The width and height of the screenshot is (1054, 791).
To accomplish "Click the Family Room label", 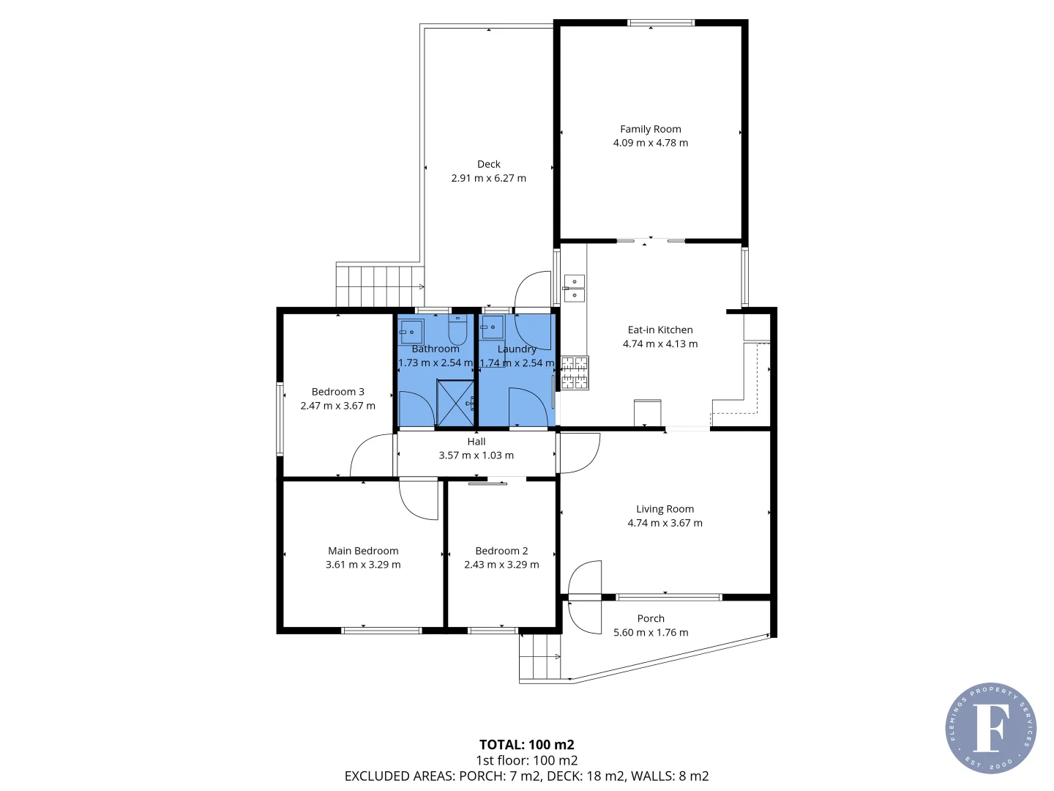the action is [650, 129].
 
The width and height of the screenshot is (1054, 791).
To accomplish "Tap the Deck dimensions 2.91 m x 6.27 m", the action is [488, 178].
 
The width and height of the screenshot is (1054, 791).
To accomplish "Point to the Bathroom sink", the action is [411, 331].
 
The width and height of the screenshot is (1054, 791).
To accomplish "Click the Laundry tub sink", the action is [492, 327].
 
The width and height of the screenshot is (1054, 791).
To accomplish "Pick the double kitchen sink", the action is [574, 288].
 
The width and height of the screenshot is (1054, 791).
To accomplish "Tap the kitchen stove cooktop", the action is [575, 373].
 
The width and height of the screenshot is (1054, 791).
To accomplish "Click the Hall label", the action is [476, 442].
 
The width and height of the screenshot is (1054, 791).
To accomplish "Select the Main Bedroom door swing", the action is [418, 499].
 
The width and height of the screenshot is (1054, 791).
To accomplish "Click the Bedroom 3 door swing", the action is [372, 455].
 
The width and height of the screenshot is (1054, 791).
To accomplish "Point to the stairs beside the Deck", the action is [380, 286].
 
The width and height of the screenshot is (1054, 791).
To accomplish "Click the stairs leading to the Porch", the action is [539, 656].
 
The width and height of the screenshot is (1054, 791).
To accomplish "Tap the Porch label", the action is [651, 619].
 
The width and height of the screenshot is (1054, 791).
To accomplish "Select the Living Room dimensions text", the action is [665, 523].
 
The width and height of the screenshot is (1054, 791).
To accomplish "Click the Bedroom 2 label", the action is [501, 551].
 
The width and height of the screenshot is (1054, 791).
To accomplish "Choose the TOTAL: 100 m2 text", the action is [527, 745].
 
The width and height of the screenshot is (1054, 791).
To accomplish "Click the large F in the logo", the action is [990, 727].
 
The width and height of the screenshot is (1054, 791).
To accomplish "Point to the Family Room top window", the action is [661, 23].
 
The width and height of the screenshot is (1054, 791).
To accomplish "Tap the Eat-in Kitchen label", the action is [660, 330].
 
